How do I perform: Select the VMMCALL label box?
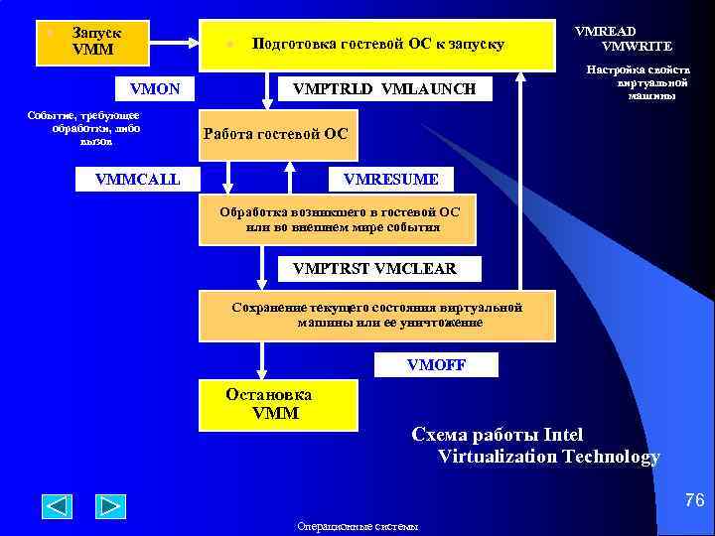[138, 179]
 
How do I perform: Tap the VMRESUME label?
[390, 179]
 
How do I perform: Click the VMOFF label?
[435, 365]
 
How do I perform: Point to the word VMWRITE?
[637, 46]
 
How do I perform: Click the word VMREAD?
[606, 31]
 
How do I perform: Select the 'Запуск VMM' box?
[92, 42]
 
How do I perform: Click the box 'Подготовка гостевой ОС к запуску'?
[377, 45]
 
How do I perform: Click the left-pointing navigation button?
[57, 506]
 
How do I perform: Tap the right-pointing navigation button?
[110, 506]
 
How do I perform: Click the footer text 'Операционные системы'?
[357, 526]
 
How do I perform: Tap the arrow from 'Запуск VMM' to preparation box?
[175, 43]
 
